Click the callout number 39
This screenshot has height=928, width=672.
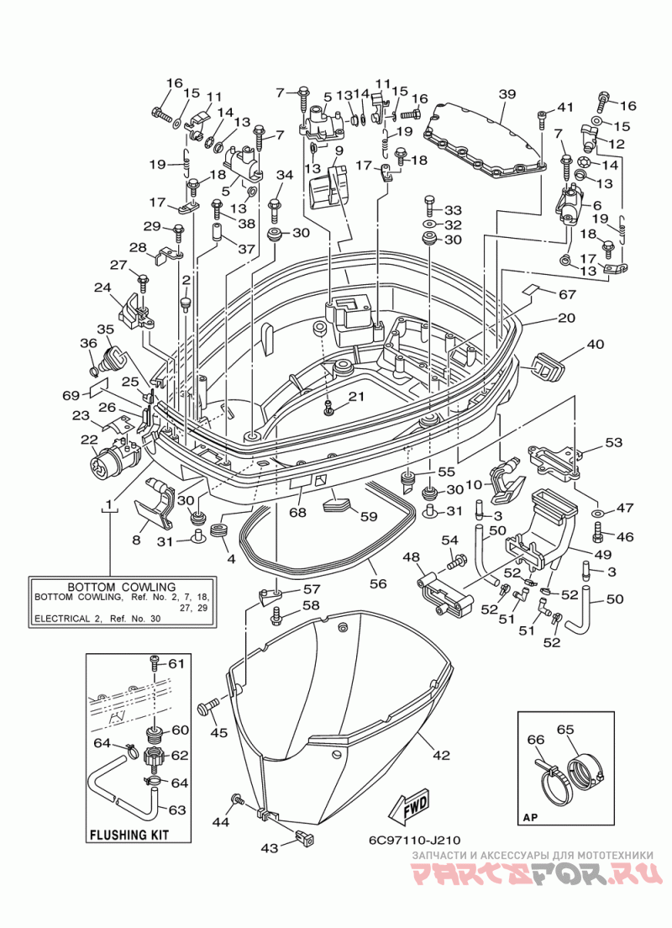pyautogui.click(x=507, y=93)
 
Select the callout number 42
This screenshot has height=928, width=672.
pyautogui.click(x=441, y=755)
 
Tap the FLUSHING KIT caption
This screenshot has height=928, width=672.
pyautogui.click(x=129, y=835)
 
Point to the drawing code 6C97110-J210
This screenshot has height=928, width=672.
pyautogui.click(x=413, y=840)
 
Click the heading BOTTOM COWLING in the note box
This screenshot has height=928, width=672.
pyautogui.click(x=121, y=587)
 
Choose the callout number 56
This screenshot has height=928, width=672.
pyautogui.click(x=378, y=583)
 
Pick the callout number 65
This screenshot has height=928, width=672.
pyautogui.click(x=565, y=729)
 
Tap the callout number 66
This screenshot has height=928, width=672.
pyautogui.click(x=535, y=739)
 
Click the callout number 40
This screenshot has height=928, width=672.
pyautogui.click(x=596, y=343)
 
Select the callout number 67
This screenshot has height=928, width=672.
pyautogui.click(x=567, y=294)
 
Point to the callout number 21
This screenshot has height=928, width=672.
pyautogui.click(x=356, y=396)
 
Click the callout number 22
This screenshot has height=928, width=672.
pyautogui.click(x=89, y=439)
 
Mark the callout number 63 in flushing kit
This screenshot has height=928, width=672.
pyautogui.click(x=177, y=809)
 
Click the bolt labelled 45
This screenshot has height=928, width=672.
pyautogui.click(x=209, y=707)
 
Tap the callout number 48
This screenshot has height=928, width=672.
pyautogui.click(x=412, y=556)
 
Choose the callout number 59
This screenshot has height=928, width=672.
pyautogui.click(x=369, y=516)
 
